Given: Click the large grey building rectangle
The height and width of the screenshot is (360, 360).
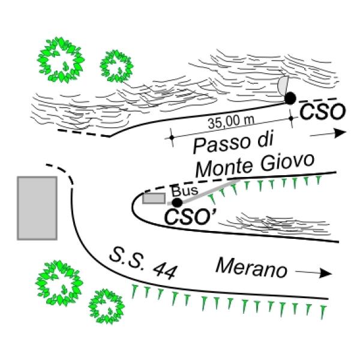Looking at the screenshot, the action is coord(37,208).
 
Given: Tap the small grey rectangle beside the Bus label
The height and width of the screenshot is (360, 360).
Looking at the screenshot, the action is coord(154,199).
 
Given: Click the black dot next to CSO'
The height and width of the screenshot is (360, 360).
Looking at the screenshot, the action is coord(177,203).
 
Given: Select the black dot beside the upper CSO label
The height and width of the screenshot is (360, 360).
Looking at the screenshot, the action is coord(290,98).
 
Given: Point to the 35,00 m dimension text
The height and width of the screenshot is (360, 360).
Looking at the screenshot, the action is coord(231,122).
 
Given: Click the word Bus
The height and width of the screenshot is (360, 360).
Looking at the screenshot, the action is coord(185,191).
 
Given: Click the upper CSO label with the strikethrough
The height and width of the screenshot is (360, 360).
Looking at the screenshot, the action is coord(323,111).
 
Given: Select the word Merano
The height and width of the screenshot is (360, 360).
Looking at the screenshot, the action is coord(251,268).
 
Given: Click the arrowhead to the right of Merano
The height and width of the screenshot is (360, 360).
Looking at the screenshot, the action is coord(326,273).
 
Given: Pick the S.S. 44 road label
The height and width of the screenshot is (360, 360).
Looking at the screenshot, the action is coord(143,263).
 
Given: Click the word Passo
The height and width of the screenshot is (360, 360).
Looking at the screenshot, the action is coord(221,145).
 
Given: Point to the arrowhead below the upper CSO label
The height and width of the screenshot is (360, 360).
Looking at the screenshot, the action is coord(340,133).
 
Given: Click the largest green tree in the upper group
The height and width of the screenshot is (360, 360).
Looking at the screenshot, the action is coord(61,60).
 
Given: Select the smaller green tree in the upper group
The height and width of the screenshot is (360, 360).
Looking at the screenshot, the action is coord(116,66).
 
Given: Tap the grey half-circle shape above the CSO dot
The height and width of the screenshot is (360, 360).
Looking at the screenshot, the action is coord(283,85).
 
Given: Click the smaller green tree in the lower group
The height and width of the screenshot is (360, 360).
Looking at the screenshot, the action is coord(107,307).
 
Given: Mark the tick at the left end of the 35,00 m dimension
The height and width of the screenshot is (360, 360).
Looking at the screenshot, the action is coord(172,138).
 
